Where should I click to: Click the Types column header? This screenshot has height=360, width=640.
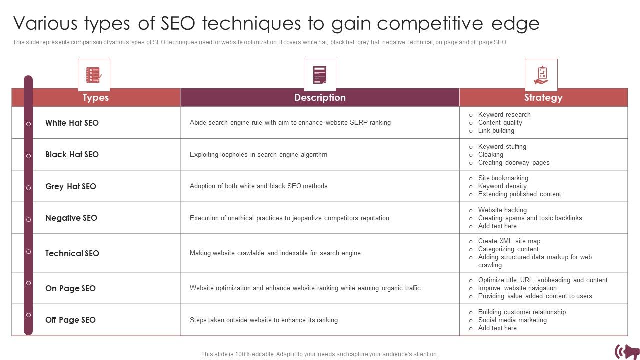point(95,98)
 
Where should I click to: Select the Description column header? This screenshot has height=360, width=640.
point(320,98)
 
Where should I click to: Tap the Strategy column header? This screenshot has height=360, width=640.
point(543,98)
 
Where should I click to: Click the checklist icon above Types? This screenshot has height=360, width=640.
point(94,75)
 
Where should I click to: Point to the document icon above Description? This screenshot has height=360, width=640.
point(320,75)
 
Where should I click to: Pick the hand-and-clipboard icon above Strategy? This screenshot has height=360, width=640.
point(541,75)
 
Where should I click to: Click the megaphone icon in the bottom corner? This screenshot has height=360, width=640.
point(627,351)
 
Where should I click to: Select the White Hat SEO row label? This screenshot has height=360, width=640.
point(72,123)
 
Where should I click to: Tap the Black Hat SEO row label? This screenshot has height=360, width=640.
point(72,155)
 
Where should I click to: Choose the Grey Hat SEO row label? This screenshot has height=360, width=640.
point(70,186)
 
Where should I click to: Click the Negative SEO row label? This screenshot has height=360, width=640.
point(71,218)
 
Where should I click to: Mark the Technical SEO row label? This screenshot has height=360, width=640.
point(72,253)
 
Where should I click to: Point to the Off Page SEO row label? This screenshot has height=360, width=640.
point(70,320)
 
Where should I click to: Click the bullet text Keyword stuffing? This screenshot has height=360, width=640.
point(502,147)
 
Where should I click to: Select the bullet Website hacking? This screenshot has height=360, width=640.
point(502,210)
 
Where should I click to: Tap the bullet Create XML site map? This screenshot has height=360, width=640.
point(509,241)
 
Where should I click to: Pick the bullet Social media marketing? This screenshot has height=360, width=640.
point(512,320)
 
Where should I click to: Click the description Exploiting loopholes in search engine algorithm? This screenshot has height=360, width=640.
point(258,155)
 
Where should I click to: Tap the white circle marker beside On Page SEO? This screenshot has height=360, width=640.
point(28,283)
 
